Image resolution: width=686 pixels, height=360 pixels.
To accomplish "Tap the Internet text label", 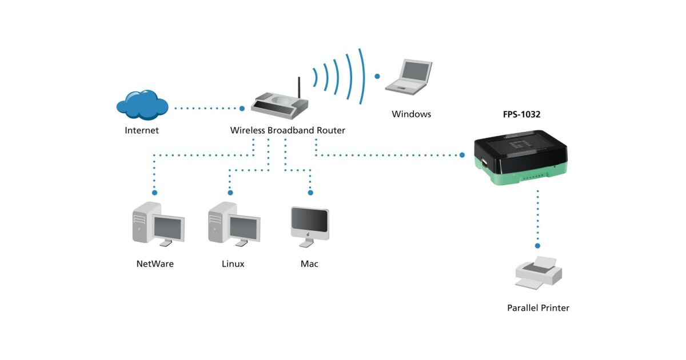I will (142, 130).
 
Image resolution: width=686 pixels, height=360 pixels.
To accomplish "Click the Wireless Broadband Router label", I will (288, 130).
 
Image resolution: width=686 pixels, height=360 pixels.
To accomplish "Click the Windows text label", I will (411, 114).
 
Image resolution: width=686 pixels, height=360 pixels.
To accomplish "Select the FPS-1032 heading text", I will (517, 114).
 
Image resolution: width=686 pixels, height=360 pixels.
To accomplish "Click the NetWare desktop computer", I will (158, 224).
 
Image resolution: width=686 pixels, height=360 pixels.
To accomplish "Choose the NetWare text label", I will (155, 264).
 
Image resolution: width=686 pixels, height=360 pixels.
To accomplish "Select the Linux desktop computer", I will (233, 224).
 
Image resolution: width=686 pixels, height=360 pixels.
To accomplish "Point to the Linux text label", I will (233, 264).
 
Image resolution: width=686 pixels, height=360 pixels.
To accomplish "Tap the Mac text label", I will (309, 264).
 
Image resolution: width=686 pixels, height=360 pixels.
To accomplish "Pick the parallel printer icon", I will (538, 272).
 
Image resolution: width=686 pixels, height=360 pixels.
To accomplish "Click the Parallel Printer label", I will (538, 308).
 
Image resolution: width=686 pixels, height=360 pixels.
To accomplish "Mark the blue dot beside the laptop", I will (377, 75).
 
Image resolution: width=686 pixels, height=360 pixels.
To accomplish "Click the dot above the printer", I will (537, 246).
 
